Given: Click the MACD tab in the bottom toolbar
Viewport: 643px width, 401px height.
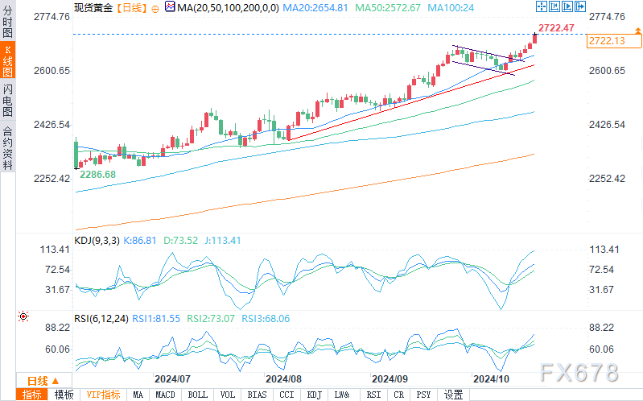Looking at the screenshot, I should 165,395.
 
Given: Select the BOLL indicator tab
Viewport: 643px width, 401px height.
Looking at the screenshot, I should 196,395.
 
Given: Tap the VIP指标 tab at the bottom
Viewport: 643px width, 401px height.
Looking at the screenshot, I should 103,395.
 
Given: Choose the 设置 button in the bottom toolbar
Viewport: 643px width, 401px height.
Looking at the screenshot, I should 454,395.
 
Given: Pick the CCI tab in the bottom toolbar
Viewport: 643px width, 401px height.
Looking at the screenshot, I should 286,395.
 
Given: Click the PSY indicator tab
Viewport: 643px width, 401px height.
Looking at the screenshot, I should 424,395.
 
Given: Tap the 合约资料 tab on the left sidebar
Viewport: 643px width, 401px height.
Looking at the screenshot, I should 7,147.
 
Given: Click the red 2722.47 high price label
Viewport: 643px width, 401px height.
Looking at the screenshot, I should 556,28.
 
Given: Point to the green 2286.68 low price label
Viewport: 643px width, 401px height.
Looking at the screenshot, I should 97,174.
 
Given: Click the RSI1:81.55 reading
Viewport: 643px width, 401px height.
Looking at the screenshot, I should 157,319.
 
